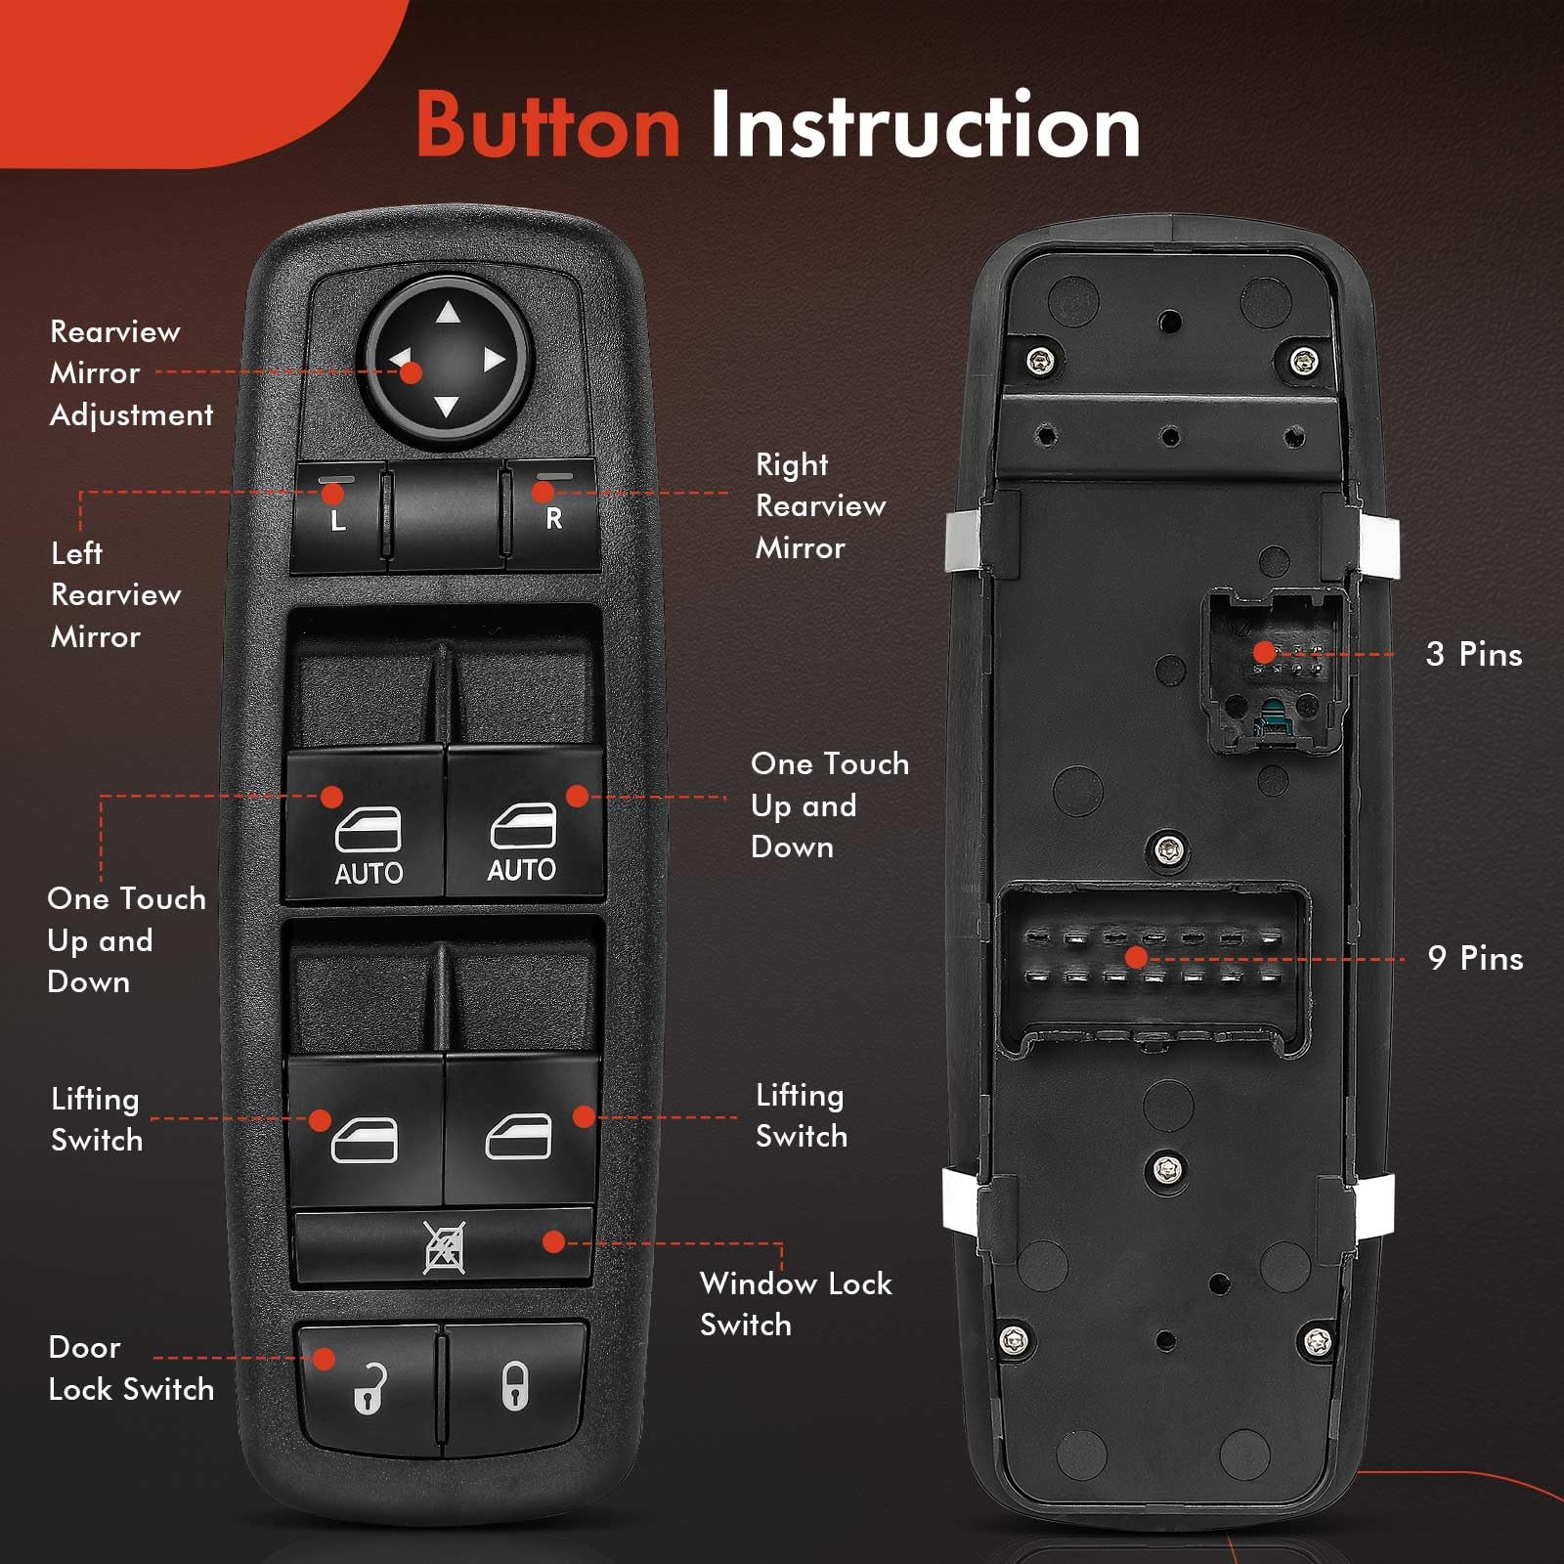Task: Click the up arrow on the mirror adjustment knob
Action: [448, 313]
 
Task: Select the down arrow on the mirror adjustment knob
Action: [446, 407]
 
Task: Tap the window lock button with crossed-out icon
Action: [444, 1247]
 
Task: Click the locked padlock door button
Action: [515, 1386]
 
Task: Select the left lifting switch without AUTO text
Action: [365, 1134]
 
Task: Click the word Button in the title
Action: [547, 125]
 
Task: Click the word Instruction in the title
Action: [924, 125]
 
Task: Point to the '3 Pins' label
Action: [1473, 654]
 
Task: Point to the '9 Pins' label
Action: [1474, 958]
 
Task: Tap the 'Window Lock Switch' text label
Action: [795, 1304]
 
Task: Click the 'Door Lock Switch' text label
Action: [130, 1368]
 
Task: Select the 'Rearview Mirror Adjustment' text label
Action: [130, 373]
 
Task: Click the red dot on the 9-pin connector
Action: [1136, 957]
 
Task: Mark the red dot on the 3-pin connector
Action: [1264, 652]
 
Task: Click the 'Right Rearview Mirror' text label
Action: [819, 506]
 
